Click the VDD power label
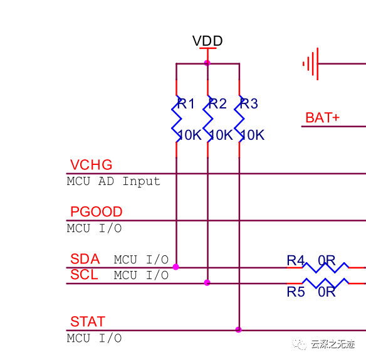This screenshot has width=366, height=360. pyautogui.click(x=207, y=41)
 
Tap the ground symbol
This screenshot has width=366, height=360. pyautogui.click(x=311, y=64)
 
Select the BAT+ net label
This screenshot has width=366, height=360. pyautogui.click(x=322, y=117)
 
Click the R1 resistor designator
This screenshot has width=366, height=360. pyautogui.click(x=186, y=103)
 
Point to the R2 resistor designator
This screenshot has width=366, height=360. pyautogui.click(x=217, y=103)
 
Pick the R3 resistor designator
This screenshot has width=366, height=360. pyautogui.click(x=249, y=103)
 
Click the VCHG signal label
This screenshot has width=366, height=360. pyautogui.click(x=91, y=165)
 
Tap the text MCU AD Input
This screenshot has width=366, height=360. pyautogui.click(x=113, y=181)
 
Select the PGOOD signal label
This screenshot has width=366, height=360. pyautogui.click(x=97, y=211)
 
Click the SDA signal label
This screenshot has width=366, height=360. pyautogui.click(x=85, y=259)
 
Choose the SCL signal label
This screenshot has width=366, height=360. pyautogui.click(x=84, y=275)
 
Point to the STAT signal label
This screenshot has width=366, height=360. pyautogui.click(x=88, y=322)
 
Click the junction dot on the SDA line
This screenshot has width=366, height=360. pyautogui.click(x=176, y=267)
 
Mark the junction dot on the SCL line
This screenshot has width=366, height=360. pyautogui.click(x=207, y=283)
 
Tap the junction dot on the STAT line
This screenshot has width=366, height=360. pyautogui.click(x=238, y=330)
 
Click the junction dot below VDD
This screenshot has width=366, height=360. pyautogui.click(x=207, y=63)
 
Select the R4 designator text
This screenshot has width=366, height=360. pyautogui.click(x=296, y=260)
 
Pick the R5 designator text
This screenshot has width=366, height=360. pyautogui.click(x=296, y=292)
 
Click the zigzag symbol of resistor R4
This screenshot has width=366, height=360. pyautogui.click(x=325, y=268)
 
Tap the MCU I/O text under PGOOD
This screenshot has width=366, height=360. pyautogui.click(x=94, y=228)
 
